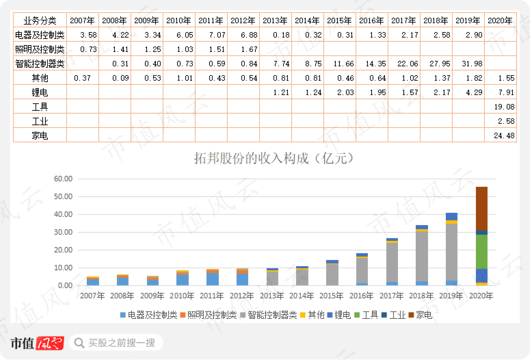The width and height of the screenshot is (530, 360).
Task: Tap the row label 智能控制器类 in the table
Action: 40,64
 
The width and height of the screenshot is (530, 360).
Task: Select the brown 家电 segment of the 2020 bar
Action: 481,209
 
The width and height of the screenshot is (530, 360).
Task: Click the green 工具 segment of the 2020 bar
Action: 481,251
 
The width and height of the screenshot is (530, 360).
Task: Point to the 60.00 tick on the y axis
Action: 64,179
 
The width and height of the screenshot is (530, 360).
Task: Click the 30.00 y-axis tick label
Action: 64,233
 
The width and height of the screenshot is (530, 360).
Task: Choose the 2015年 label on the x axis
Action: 332,296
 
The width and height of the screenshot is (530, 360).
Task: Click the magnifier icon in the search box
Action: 79,343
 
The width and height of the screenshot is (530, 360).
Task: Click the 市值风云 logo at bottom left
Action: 37,343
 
